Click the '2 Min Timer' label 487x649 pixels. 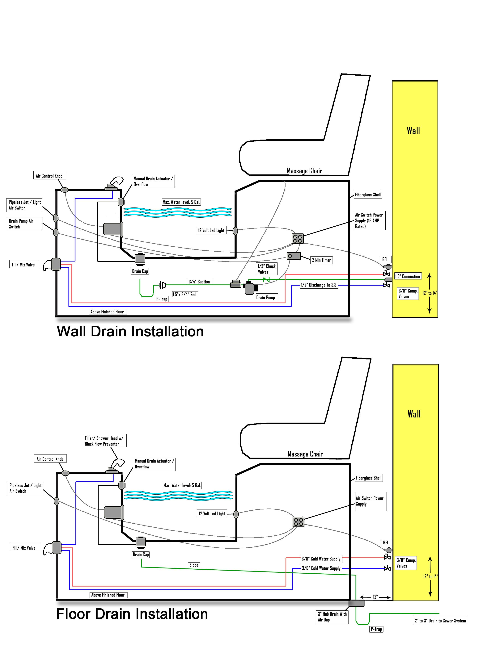point(321,260)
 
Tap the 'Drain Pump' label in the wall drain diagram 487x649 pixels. point(265,298)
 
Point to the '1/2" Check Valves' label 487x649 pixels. point(267,269)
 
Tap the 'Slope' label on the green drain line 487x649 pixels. point(194,565)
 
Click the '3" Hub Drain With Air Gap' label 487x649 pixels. point(332,617)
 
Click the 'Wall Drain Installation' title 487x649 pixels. point(130,332)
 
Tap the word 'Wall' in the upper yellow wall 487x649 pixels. point(413,131)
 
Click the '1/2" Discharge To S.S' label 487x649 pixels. point(319,285)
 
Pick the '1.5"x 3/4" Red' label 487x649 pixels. point(184,294)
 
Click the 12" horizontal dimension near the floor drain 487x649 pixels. point(375,597)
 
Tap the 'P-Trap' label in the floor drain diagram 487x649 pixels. point(376,629)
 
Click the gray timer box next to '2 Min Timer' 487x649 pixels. point(293,256)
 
